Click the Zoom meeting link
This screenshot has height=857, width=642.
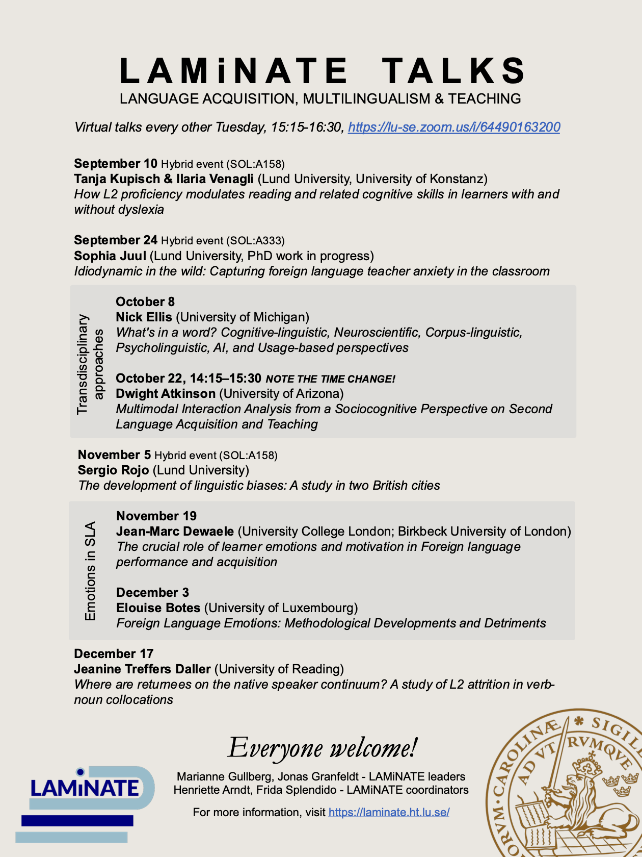454,127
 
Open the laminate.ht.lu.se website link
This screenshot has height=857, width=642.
389,812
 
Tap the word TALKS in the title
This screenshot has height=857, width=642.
453,70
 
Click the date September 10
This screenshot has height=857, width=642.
116,164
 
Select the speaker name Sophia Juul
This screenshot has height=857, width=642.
110,256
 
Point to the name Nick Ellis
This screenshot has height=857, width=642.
144,317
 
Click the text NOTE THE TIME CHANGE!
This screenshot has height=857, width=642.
330,379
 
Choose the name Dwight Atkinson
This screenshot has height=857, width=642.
166,393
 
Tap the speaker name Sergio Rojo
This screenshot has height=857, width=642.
113,470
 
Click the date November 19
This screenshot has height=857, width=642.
156,516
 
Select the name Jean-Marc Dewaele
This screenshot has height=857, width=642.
175,531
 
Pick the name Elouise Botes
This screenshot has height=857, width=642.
158,608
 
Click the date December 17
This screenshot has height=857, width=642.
114,653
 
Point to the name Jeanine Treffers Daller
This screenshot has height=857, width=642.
142,669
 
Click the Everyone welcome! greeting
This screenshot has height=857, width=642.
322,748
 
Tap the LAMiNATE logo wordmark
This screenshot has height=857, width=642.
85,788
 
